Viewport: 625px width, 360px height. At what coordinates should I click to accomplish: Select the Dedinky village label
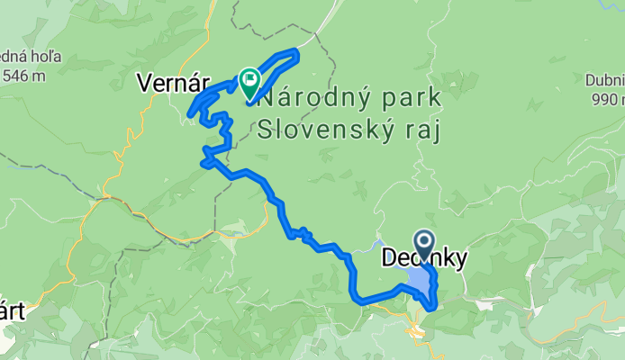tap(425, 259)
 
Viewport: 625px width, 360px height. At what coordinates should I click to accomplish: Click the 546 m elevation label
tap(24, 76)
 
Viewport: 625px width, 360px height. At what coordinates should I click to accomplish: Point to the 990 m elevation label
tap(607, 98)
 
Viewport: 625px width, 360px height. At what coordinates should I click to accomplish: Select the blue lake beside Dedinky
tap(418, 282)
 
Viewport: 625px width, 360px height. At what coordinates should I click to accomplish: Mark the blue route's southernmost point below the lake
tap(433, 307)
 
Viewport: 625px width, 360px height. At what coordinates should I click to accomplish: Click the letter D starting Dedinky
tap(390, 259)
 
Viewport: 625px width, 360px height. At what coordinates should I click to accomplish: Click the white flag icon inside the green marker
tap(248, 80)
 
